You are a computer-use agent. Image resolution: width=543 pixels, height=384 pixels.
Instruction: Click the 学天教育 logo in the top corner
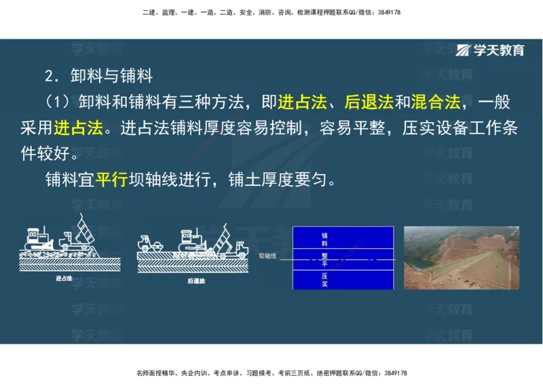pyautogui.click(x=490, y=50)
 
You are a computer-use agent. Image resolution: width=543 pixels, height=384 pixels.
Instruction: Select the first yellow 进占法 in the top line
pyautogui.click(x=303, y=102)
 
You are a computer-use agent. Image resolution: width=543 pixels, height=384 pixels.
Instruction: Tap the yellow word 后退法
pyautogui.click(x=369, y=102)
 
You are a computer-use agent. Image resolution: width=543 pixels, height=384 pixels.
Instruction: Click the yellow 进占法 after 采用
pyautogui.click(x=79, y=128)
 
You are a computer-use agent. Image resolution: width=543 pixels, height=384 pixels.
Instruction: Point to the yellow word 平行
pyautogui.click(x=111, y=181)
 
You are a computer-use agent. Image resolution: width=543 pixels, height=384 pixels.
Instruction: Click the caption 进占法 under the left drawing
pyautogui.click(x=65, y=278)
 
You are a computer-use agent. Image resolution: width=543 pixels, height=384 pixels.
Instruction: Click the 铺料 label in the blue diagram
pyautogui.click(x=324, y=239)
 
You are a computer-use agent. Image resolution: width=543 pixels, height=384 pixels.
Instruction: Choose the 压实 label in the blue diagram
pyautogui.click(x=324, y=280)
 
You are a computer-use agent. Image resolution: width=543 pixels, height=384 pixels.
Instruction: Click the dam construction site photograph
pyautogui.click(x=461, y=258)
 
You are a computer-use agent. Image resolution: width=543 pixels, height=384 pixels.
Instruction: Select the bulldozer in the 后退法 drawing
pyautogui.click(x=189, y=239)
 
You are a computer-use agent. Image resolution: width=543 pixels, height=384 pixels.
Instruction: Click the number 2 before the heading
pyautogui.click(x=48, y=75)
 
